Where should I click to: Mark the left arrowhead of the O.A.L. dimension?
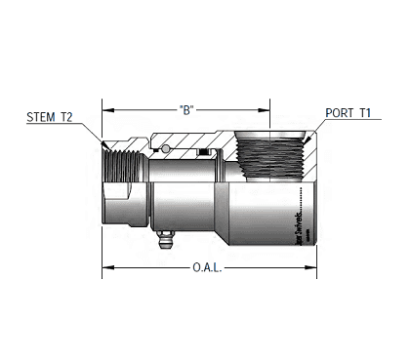tap(106, 266)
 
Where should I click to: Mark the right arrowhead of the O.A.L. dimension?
tap(313, 266)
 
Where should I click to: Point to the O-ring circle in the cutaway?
tap(168, 150)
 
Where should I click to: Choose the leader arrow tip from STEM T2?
tap(104, 146)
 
